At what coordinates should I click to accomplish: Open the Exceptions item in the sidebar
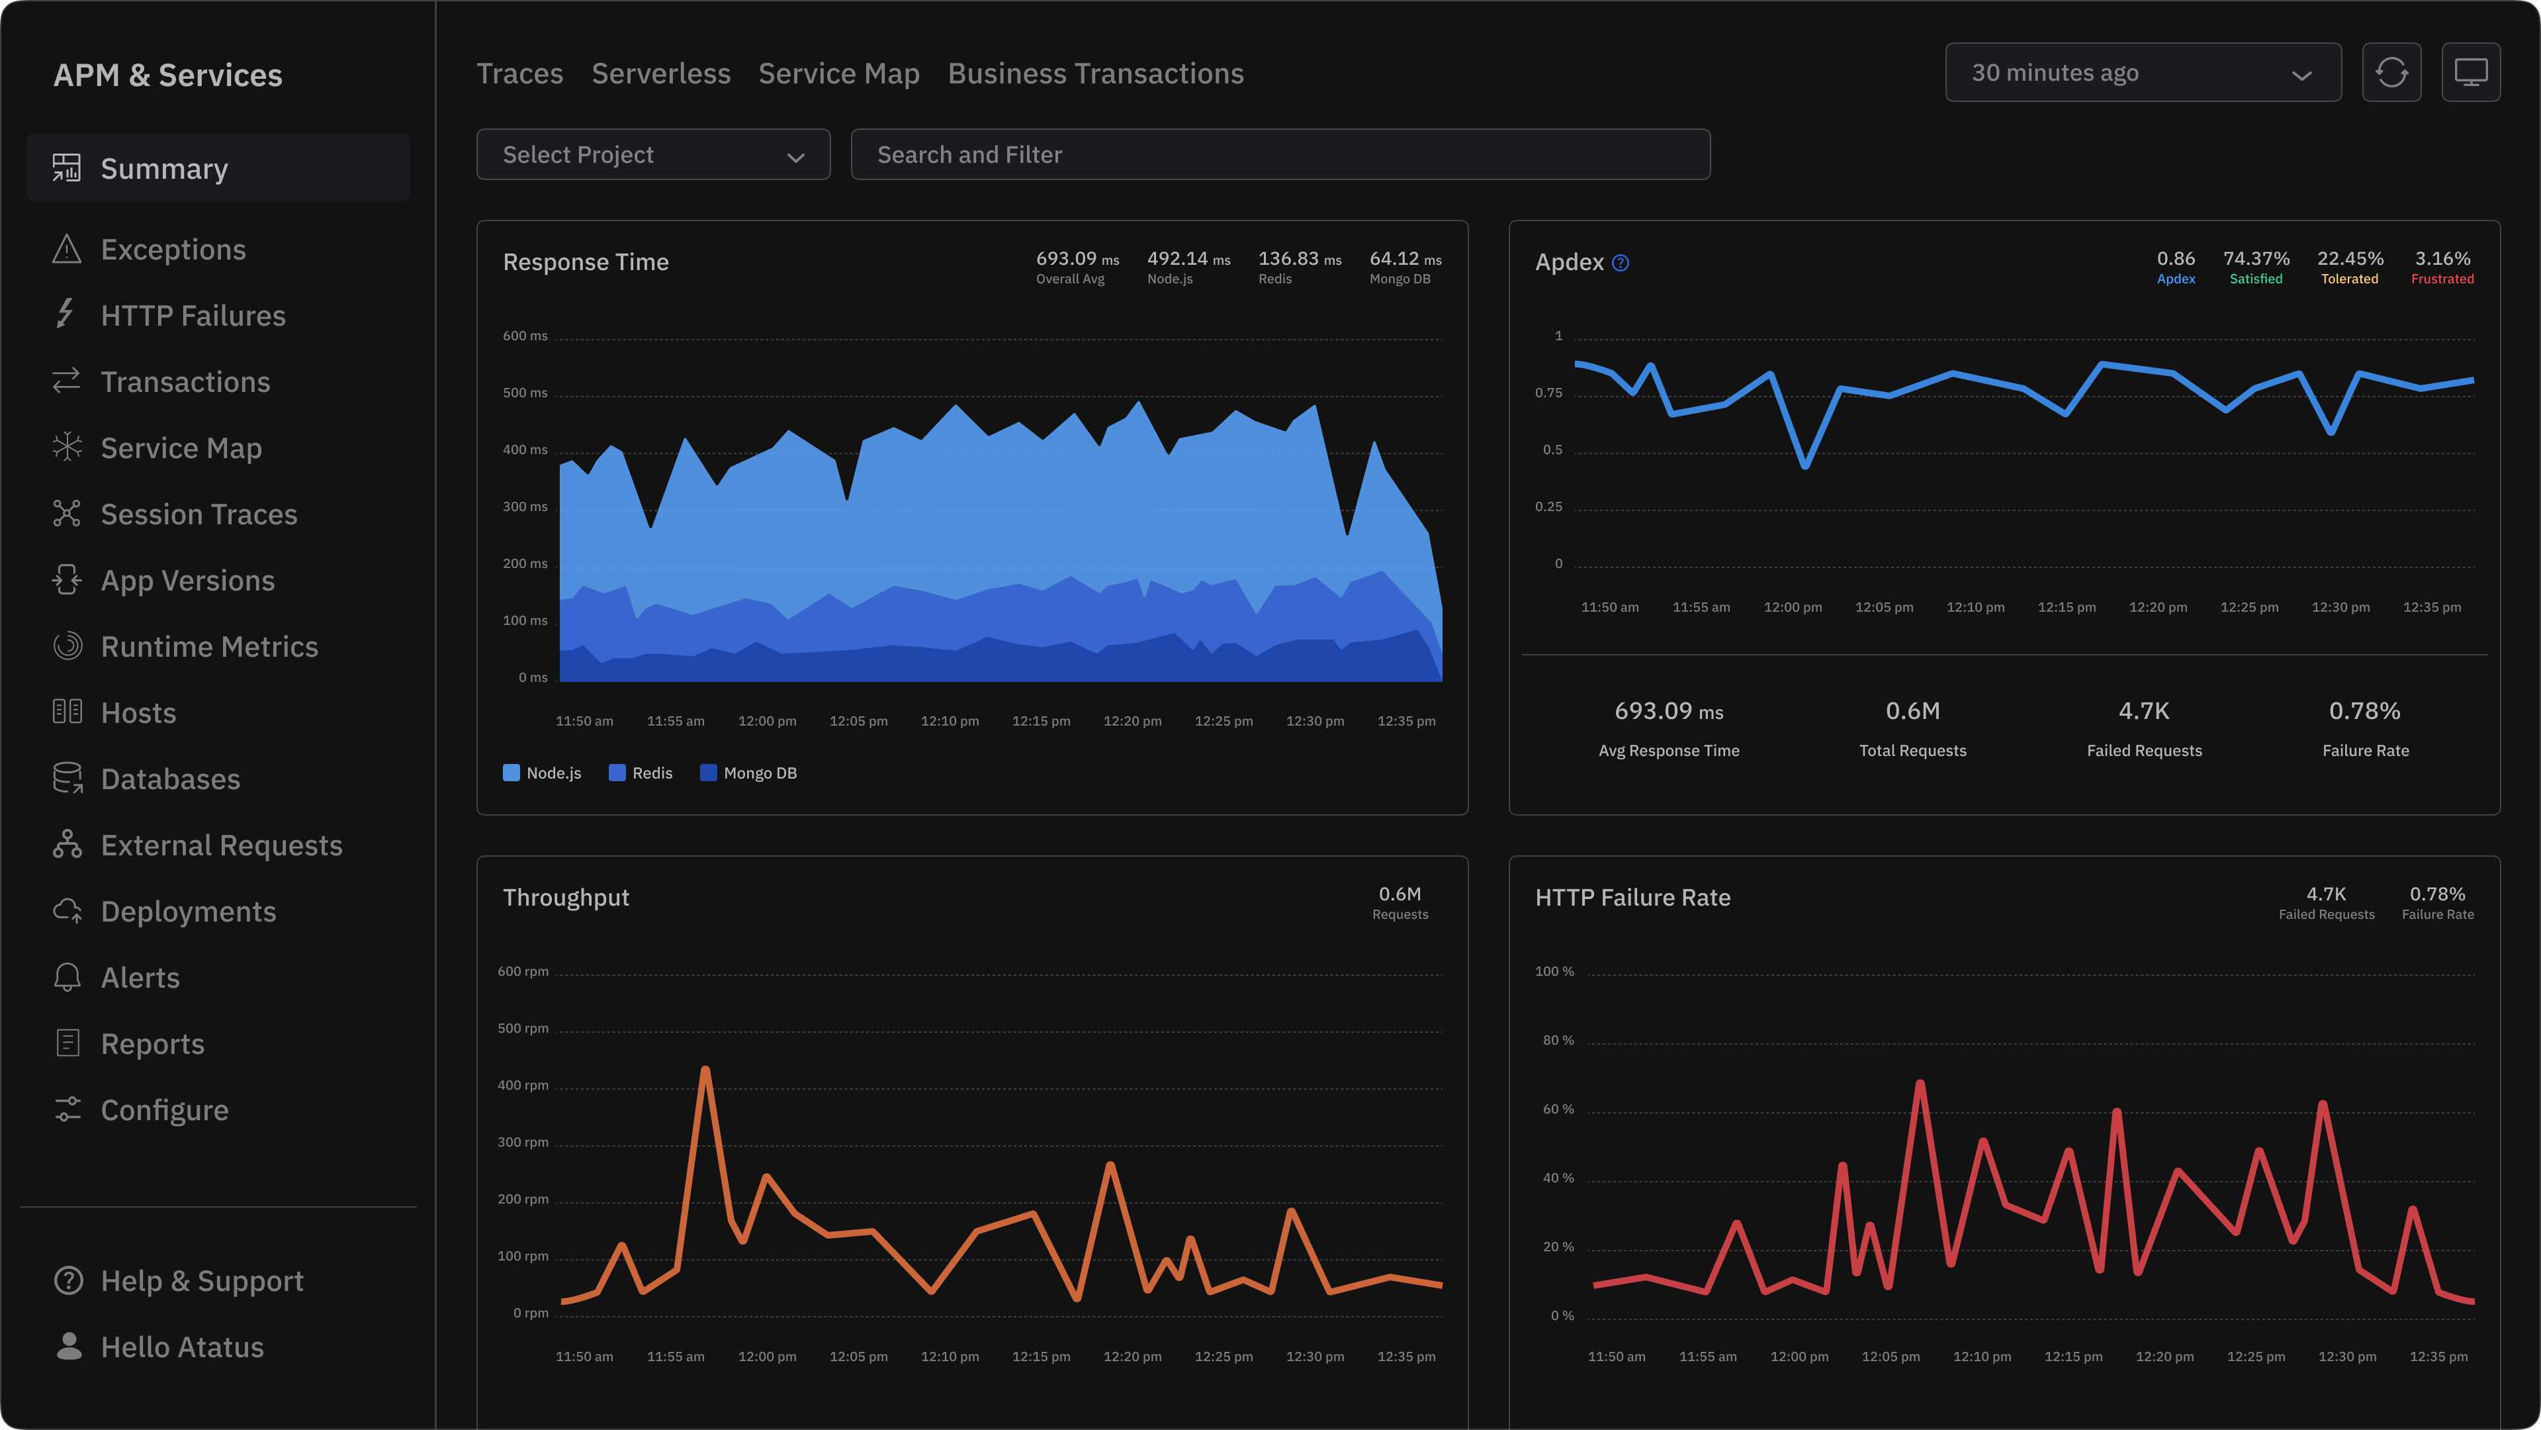[x=173, y=250]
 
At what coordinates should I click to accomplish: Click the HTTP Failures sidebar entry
[x=193, y=316]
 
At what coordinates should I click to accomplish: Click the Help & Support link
[x=201, y=1281]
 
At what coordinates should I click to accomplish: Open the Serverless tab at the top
[x=661, y=74]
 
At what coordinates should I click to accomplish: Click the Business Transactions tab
[x=1095, y=74]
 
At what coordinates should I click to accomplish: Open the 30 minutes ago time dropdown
[x=2143, y=73]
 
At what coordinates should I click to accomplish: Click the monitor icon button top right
[x=2470, y=73]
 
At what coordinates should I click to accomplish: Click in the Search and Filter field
[x=1279, y=155]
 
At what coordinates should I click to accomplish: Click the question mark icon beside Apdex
[x=1620, y=263]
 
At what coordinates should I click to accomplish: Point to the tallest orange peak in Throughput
[x=705, y=1070]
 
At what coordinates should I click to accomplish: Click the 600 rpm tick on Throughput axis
[x=523, y=971]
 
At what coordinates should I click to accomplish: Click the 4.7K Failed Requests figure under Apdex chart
[x=2143, y=712]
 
